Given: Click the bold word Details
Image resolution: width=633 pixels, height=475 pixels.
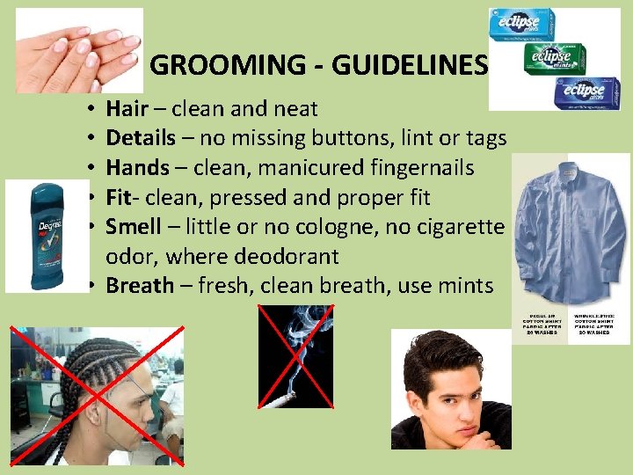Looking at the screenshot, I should coord(141,138).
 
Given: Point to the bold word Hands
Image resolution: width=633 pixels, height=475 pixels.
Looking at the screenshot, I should coord(137,168).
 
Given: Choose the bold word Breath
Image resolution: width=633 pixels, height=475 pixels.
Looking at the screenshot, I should coord(140,286).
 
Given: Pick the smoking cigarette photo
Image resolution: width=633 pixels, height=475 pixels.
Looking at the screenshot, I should coord(296,357).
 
